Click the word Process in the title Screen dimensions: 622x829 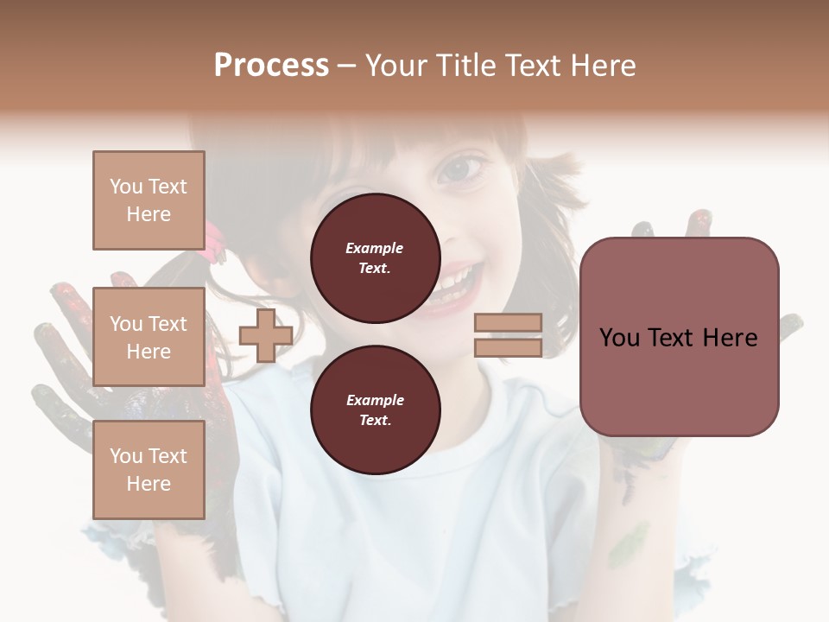(x=271, y=66)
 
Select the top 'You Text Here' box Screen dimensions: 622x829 (x=149, y=200)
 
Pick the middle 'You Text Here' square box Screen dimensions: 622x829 (x=149, y=337)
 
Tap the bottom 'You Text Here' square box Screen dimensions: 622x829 (x=149, y=470)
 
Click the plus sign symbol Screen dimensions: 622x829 (x=266, y=336)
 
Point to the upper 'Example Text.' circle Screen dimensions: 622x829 (x=375, y=257)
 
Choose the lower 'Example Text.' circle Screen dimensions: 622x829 (x=375, y=409)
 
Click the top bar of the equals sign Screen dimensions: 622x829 (x=508, y=323)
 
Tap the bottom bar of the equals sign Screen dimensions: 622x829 (x=508, y=348)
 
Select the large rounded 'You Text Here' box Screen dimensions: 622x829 (x=679, y=337)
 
